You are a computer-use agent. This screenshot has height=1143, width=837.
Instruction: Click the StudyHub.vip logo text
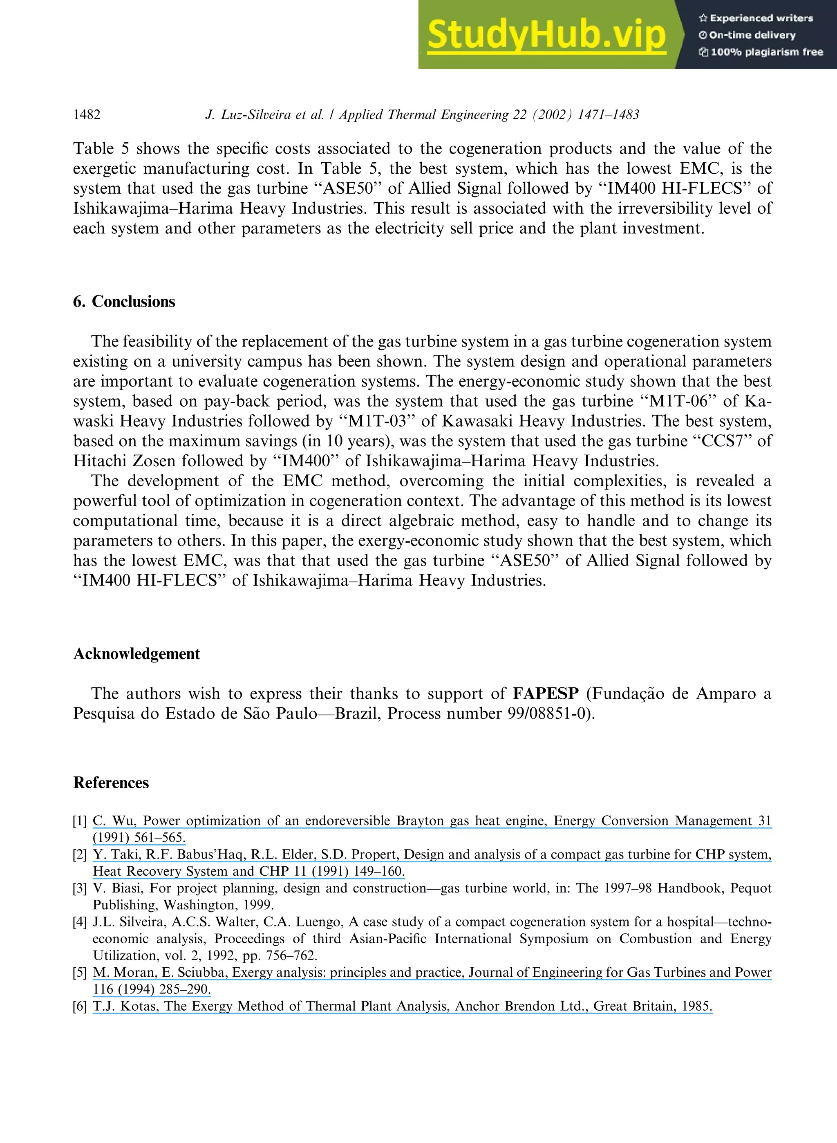tap(546, 34)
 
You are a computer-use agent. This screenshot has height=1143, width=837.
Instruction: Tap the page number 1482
tap(87, 114)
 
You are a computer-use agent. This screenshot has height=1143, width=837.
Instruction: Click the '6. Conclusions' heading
tap(124, 302)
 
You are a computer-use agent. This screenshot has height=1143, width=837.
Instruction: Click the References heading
tap(111, 782)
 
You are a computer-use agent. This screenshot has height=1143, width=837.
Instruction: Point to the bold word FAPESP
tap(546, 693)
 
